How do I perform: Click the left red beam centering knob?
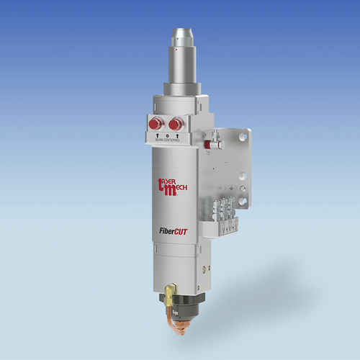(x=153, y=124)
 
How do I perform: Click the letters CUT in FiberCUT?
(x=179, y=232)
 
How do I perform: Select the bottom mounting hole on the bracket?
(x=243, y=199)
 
